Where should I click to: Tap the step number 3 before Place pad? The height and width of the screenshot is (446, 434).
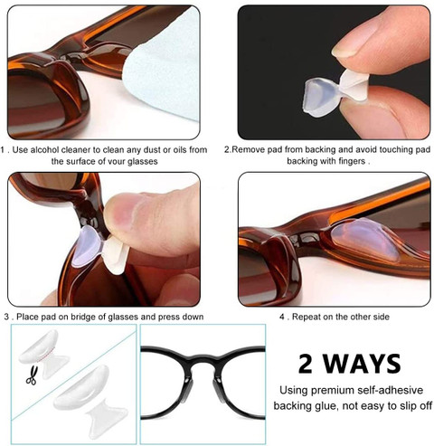pos(6,317)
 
